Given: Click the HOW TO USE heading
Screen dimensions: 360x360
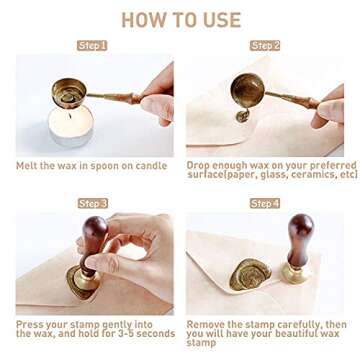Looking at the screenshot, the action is (x=181, y=19).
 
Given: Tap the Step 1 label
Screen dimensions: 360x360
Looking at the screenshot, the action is (x=92, y=46).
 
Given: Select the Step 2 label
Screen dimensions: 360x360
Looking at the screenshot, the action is (x=265, y=46).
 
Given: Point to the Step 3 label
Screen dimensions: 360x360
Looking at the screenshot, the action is (x=93, y=203).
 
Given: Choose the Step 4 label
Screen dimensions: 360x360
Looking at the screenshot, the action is (x=265, y=203).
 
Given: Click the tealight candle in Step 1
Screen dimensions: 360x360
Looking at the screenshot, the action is (x=71, y=126).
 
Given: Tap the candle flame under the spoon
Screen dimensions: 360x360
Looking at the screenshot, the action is (x=70, y=115).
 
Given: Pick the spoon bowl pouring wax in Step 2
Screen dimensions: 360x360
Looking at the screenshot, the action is (x=248, y=91).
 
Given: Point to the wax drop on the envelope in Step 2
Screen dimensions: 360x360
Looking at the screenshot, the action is (x=242, y=116).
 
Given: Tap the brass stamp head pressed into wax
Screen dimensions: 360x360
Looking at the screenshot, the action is (x=87, y=282).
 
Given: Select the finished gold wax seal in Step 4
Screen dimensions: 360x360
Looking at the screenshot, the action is (x=249, y=275).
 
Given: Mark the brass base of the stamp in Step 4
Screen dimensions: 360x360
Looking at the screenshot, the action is (x=294, y=273).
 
